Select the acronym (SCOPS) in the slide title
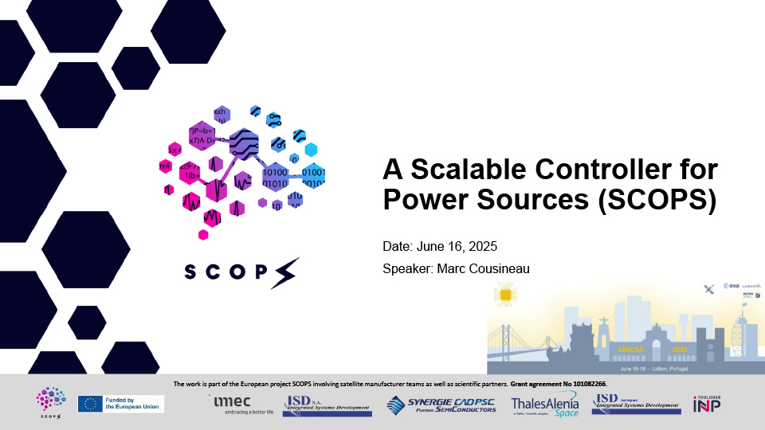click(657, 199)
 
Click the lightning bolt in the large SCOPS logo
click(285, 272)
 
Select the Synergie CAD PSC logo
click(441, 405)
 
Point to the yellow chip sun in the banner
click(504, 297)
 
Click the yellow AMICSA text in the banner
click(630, 350)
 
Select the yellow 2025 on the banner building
click(680, 350)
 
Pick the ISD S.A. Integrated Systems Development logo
click(327, 405)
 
